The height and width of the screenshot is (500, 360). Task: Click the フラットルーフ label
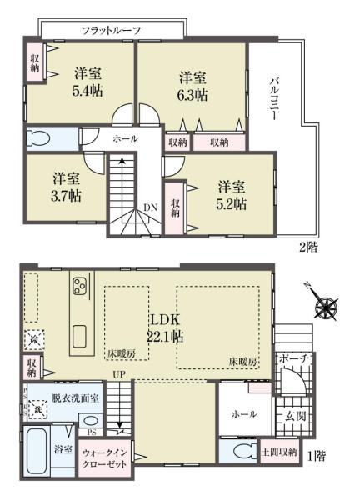pyautogui.click(x=111, y=30)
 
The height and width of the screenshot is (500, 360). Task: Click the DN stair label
pyautogui.click(x=150, y=207)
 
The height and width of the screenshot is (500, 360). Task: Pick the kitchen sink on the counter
pyautogui.click(x=79, y=337)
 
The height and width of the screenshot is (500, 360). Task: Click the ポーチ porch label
pyautogui.click(x=295, y=358)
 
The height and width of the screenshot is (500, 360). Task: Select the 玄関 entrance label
pyautogui.click(x=296, y=416)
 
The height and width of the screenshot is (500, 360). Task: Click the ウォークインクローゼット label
pyautogui.click(x=104, y=457)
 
